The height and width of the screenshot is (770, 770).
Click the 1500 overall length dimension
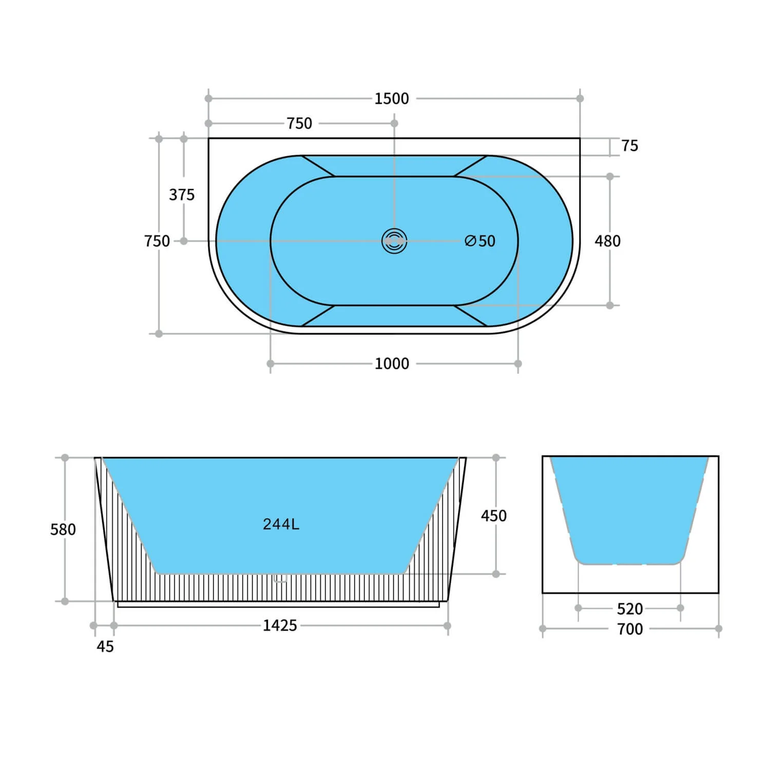click(391, 99)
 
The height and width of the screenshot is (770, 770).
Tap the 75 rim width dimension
click(629, 146)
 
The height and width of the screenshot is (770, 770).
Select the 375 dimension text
click(182, 195)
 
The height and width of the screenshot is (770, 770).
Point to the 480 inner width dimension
click(607, 241)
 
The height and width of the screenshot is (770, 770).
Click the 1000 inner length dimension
click(392, 364)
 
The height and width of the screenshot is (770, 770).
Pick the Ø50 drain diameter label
click(480, 241)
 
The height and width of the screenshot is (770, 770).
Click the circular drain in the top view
click(394, 241)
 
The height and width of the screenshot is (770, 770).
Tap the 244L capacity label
click(281, 524)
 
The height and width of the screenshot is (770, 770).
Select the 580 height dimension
click(63, 529)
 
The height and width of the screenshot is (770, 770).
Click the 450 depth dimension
click(493, 515)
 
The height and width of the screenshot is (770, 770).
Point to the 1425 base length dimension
click(280, 625)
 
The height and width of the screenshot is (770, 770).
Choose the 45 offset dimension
click(105, 646)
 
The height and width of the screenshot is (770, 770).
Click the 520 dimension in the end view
click(629, 609)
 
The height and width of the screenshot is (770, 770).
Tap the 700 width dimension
click(629, 629)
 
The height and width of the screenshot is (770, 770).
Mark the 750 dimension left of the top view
click(157, 241)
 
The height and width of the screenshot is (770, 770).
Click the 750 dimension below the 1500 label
click(299, 124)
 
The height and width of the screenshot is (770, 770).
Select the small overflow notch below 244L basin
click(280, 580)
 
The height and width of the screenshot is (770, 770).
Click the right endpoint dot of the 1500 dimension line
click(580, 99)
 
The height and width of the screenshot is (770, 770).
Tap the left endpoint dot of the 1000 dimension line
click(271, 363)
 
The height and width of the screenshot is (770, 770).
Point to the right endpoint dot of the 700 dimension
click(718, 628)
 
